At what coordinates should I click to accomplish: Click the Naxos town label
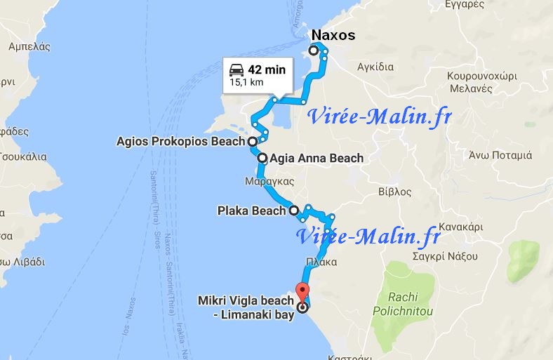[x=333, y=35]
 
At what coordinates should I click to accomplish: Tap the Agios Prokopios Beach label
[x=180, y=141]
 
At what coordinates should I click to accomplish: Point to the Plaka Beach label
[x=251, y=210]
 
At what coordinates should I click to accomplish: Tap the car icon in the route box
[x=236, y=69]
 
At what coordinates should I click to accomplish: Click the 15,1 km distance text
[x=247, y=82]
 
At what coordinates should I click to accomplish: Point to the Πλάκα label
[x=321, y=262]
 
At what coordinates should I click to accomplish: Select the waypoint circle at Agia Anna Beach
[x=262, y=158]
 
